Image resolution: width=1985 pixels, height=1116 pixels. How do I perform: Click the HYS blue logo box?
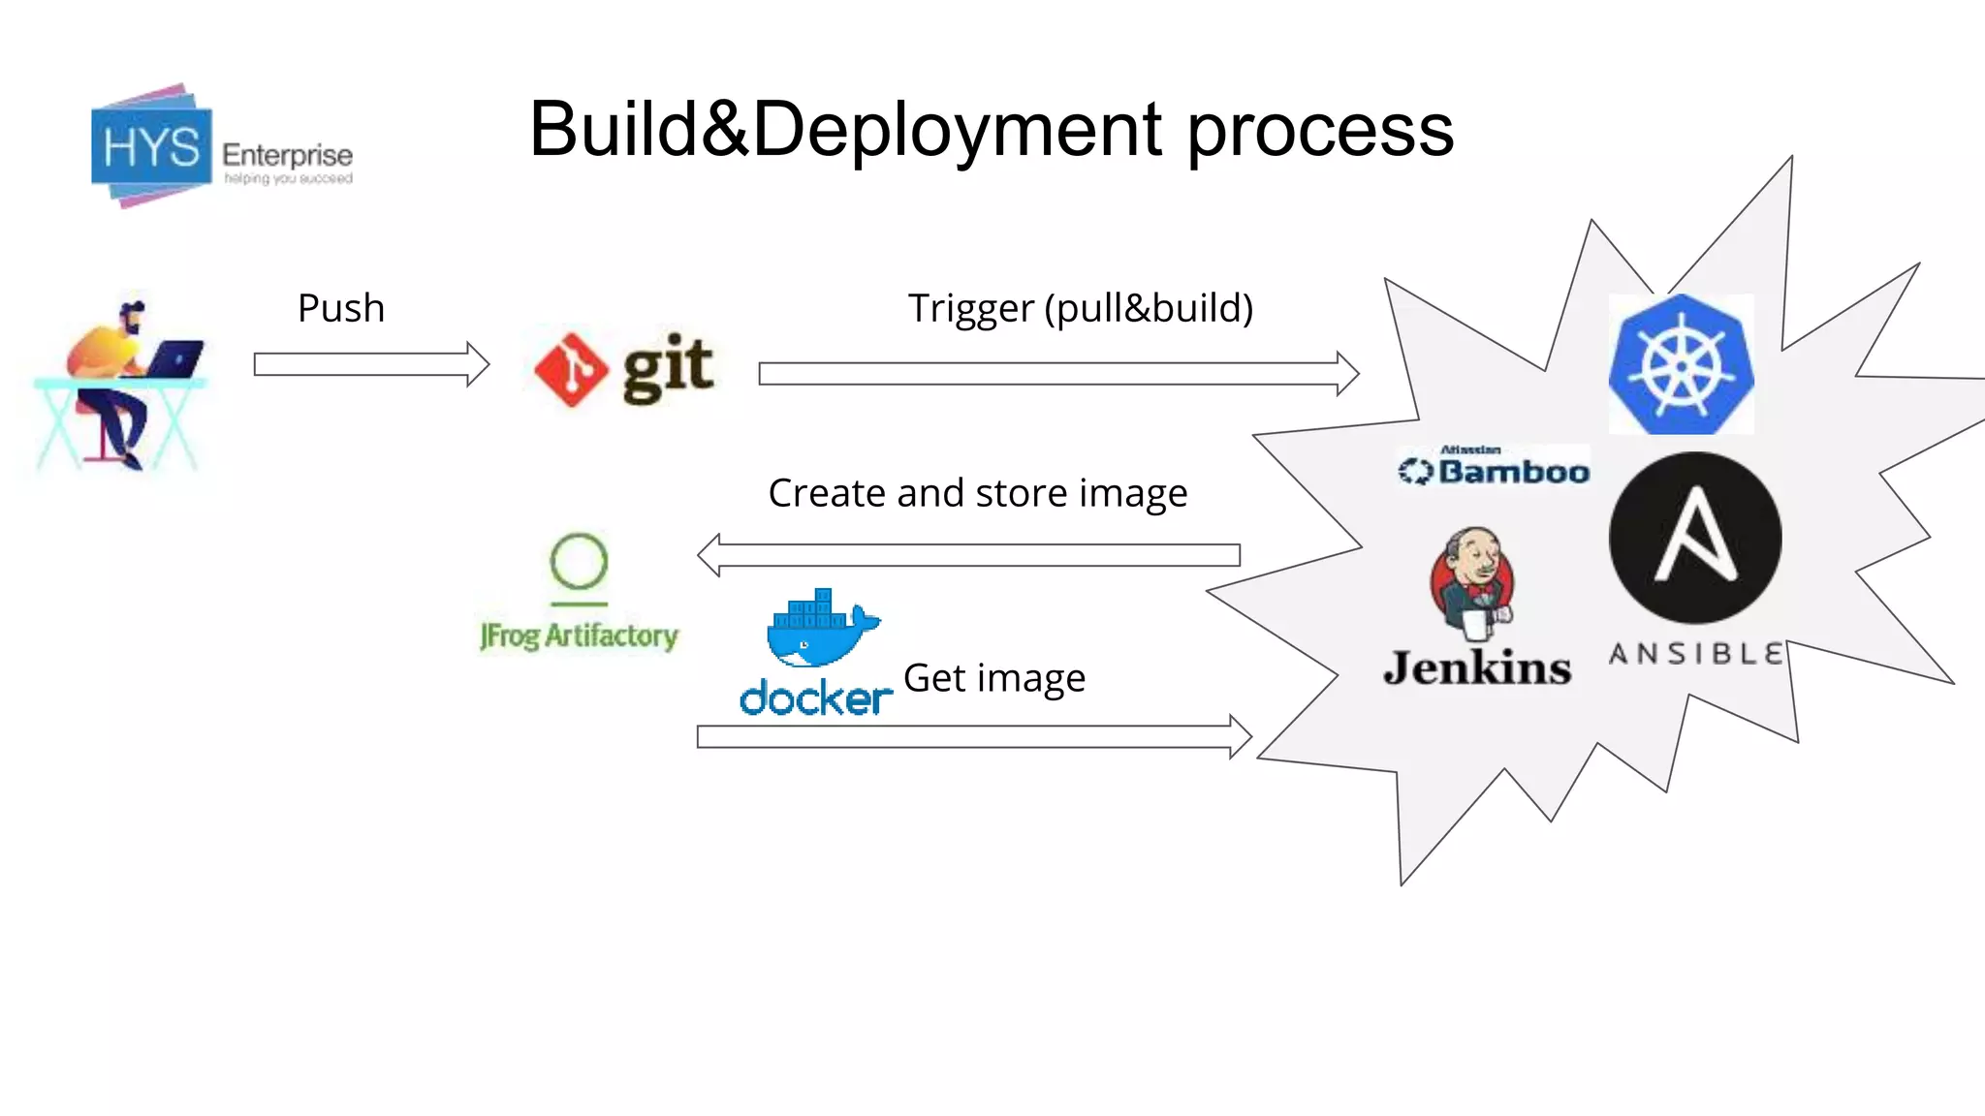(x=151, y=148)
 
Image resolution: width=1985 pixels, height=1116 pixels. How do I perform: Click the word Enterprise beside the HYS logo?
(x=287, y=155)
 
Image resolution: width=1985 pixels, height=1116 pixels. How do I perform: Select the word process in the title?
(x=1320, y=131)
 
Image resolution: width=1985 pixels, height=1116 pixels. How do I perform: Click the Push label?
(x=341, y=308)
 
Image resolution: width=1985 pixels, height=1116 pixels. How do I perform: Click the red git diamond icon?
(x=571, y=369)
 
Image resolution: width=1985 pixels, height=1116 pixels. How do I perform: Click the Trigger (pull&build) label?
(x=1080, y=308)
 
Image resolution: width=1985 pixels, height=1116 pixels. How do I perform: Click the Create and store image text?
(x=977, y=493)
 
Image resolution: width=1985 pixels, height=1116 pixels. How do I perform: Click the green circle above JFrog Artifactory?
(x=579, y=561)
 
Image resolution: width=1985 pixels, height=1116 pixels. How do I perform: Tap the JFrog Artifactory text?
(x=579, y=635)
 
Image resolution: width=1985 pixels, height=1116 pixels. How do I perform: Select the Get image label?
(x=993, y=678)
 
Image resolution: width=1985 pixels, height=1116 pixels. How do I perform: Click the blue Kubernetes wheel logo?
(x=1681, y=365)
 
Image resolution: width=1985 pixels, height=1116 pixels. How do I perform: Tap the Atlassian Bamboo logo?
(x=1494, y=467)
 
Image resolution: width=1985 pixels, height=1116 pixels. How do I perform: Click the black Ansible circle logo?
(x=1694, y=539)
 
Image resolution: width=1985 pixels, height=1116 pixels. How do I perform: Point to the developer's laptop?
(x=175, y=358)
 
